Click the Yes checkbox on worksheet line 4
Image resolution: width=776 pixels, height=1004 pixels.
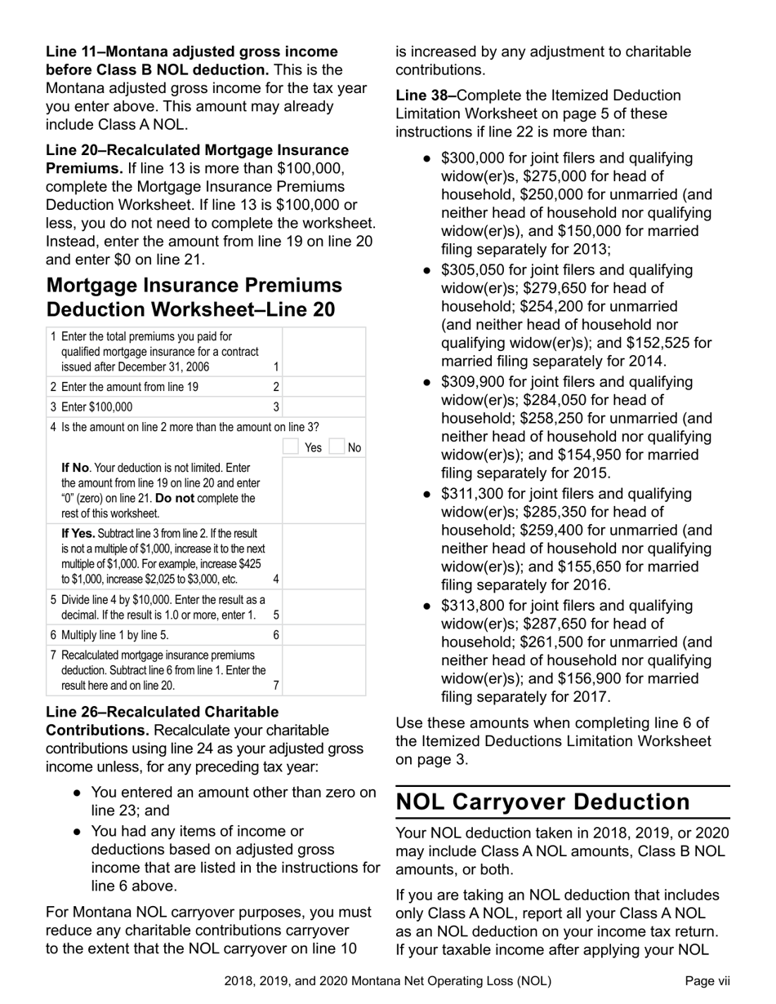point(290,447)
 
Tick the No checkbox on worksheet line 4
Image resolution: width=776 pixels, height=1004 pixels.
point(336,447)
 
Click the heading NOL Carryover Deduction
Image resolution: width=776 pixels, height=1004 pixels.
point(542,802)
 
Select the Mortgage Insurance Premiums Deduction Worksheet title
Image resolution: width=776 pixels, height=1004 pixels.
point(194,298)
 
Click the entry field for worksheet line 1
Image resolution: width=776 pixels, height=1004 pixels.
point(323,352)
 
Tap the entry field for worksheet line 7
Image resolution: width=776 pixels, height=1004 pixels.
point(323,670)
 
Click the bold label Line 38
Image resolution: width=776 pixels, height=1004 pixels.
point(424,96)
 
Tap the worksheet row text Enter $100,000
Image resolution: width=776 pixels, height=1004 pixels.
point(97,407)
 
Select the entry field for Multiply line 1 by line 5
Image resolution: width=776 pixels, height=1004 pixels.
point(323,635)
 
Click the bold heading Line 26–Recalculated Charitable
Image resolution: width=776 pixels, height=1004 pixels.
point(162,712)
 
